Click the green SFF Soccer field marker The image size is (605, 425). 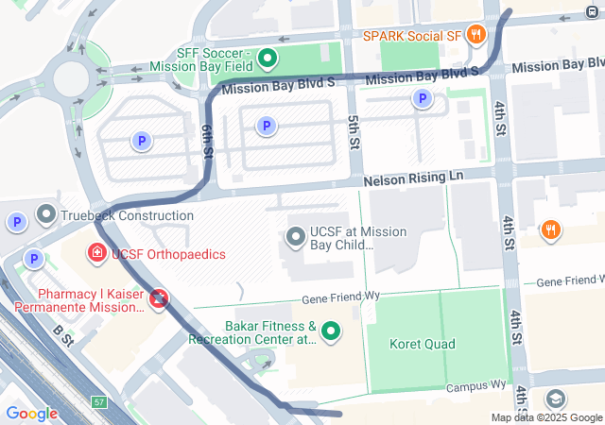pyautogui.click(x=268, y=59)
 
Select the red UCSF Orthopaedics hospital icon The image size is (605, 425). pyautogui.click(x=96, y=253)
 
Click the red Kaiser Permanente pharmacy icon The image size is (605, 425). pyautogui.click(x=160, y=299)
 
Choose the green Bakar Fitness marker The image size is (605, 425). pyautogui.click(x=331, y=331)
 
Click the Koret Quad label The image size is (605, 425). pyautogui.click(x=422, y=344)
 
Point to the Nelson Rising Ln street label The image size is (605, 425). pyautogui.click(x=414, y=178)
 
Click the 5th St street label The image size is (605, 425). pyautogui.click(x=354, y=132)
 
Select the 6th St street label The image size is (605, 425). pyautogui.click(x=207, y=144)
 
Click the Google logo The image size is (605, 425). pyautogui.click(x=31, y=413)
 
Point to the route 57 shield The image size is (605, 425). pyautogui.click(x=99, y=403)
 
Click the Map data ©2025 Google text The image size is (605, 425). pyautogui.click(x=545, y=417)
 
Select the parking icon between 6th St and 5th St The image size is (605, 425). pyautogui.click(x=267, y=125)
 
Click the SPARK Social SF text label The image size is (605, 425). pyautogui.click(x=413, y=36)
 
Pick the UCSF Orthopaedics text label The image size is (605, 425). pyautogui.click(x=168, y=254)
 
